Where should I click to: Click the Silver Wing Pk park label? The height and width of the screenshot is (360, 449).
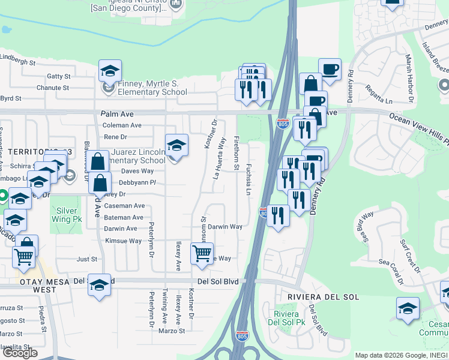72,215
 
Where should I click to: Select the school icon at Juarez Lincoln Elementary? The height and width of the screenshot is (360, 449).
176,146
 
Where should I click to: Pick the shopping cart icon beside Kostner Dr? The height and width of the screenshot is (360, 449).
202,254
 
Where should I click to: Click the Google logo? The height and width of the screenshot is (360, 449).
20,352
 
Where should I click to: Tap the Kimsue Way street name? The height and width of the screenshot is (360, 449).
123,241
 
